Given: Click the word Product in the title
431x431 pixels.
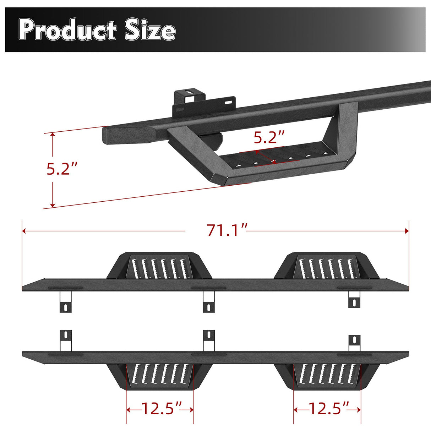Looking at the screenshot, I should (67, 31).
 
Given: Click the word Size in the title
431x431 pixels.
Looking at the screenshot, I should (150, 31).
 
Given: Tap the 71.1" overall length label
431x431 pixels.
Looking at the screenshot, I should (227, 231).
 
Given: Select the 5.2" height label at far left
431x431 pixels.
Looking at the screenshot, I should (62, 169).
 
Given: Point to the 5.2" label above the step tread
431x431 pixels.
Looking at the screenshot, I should (269, 137).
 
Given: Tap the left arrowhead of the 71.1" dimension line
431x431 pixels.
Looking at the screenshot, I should (24, 231).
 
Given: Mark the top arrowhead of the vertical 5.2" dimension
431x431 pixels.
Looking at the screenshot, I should (53, 135).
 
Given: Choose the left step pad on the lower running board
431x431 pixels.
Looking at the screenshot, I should (160, 376).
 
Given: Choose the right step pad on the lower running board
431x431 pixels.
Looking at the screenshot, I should (327, 376).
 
